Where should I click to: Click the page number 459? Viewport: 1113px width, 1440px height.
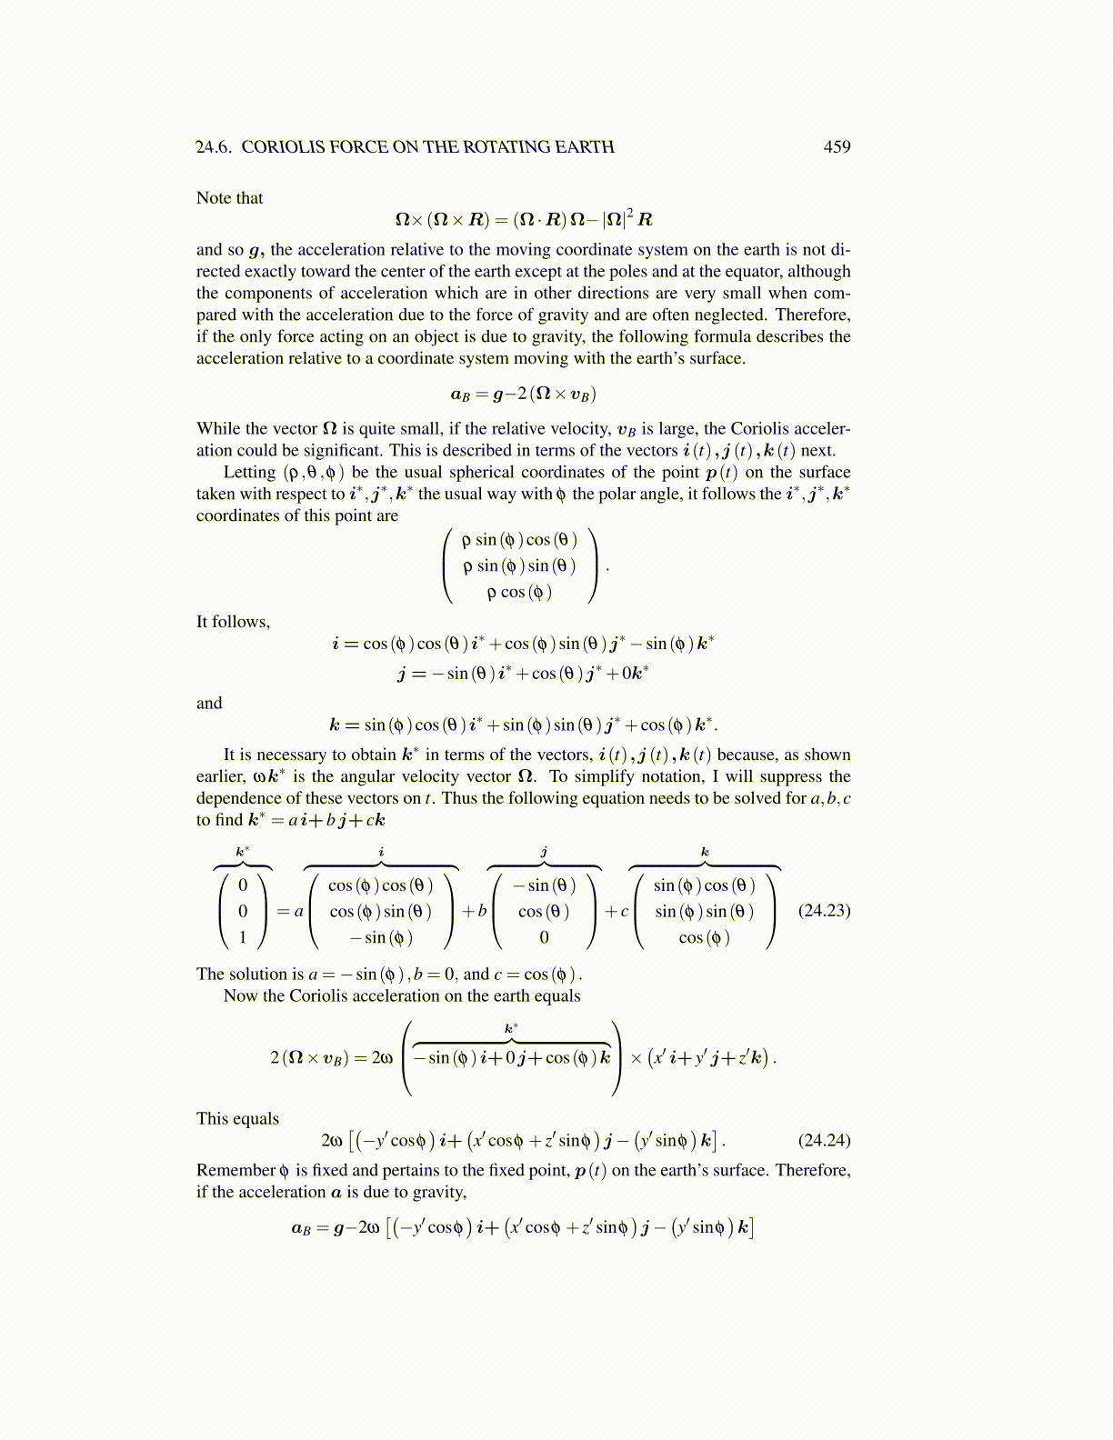(837, 147)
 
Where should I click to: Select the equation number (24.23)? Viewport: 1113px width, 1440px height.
(824, 910)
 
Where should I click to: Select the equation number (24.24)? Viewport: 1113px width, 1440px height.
(824, 1140)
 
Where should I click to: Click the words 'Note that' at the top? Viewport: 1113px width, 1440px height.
(229, 198)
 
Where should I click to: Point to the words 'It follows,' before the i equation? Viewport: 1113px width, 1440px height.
(233, 622)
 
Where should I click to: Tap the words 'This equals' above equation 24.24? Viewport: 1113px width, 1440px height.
(237, 1118)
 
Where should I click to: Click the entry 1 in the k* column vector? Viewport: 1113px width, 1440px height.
(243, 936)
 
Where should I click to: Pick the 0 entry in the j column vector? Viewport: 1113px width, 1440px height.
(544, 936)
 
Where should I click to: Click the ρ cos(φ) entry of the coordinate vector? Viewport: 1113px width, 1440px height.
(519, 592)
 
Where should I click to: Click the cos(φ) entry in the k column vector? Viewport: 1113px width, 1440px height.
(704, 936)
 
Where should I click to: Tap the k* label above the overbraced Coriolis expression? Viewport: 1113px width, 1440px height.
(511, 1028)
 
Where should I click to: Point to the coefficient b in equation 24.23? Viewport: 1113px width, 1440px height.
(481, 911)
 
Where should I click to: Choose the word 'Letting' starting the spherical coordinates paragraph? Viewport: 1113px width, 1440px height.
(249, 472)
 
